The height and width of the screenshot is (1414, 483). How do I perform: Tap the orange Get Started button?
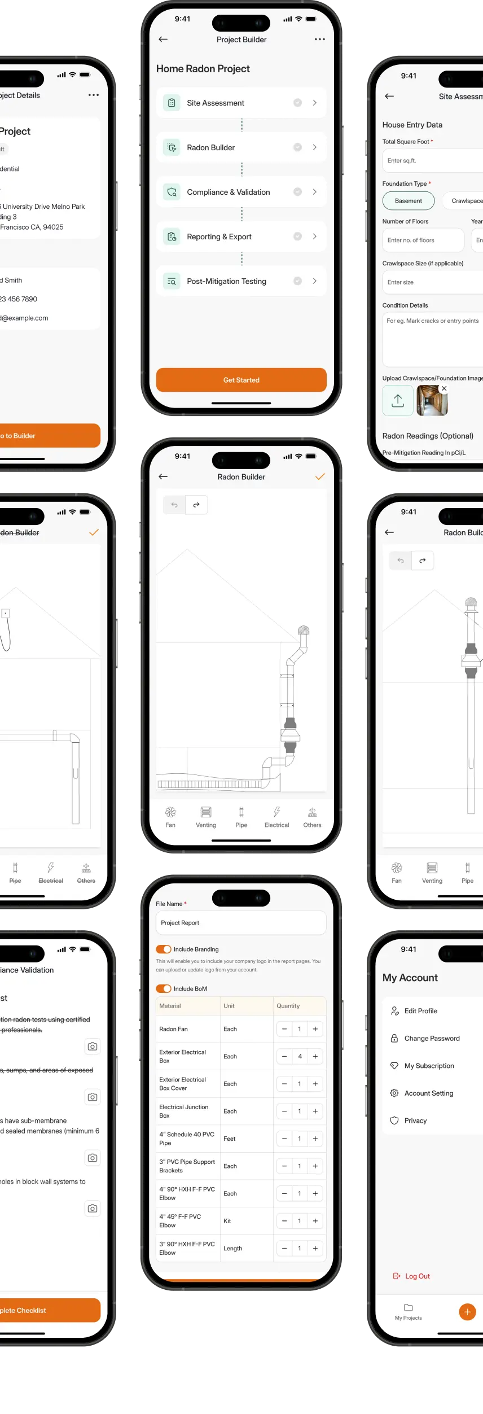click(x=241, y=380)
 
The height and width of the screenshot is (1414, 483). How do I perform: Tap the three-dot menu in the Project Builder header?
click(x=320, y=40)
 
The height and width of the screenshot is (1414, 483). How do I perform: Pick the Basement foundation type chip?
click(x=409, y=201)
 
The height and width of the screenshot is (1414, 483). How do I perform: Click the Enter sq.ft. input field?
click(x=432, y=161)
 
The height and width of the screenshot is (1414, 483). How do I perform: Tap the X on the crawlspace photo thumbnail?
click(x=444, y=388)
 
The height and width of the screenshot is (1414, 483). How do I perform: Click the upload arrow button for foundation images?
click(x=398, y=401)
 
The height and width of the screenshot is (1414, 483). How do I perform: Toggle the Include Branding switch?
click(x=164, y=949)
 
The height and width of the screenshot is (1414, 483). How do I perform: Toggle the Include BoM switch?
click(x=164, y=988)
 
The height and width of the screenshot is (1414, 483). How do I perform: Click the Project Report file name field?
click(x=241, y=923)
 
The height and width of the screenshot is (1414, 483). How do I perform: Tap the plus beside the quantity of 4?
click(x=315, y=1056)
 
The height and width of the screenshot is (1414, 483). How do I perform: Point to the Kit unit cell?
click(x=227, y=1221)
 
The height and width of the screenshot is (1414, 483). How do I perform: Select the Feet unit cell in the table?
click(x=230, y=1139)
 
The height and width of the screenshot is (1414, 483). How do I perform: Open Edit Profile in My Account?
click(x=420, y=1011)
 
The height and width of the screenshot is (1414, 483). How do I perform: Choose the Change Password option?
click(x=432, y=1038)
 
